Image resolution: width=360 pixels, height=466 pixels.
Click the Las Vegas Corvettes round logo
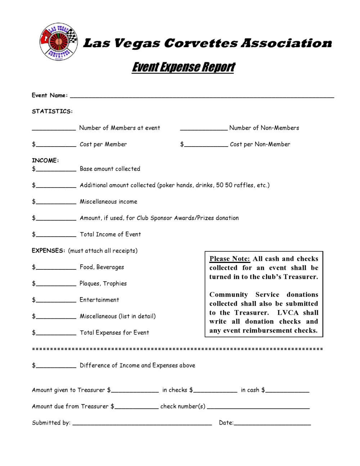[58, 42]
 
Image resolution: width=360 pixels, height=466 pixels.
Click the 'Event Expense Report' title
[183, 67]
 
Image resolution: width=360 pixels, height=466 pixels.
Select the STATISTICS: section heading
[52, 111]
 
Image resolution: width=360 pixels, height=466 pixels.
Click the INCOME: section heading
[45, 160]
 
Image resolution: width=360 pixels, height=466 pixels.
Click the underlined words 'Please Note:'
[230, 259]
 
